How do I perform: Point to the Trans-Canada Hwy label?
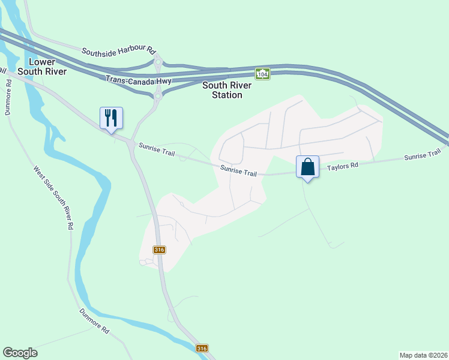click(139, 80)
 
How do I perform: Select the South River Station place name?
click(222, 90)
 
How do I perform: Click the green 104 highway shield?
click(262, 74)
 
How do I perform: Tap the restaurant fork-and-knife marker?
click(111, 117)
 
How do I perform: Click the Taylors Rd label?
click(343, 164)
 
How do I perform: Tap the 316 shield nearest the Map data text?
click(202, 349)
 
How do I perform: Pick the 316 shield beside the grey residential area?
click(159, 250)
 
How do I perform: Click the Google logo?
click(20, 353)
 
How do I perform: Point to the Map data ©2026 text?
click(423, 355)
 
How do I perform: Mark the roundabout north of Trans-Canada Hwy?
click(158, 62)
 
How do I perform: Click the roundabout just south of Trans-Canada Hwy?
click(158, 95)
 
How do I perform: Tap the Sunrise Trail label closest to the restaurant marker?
click(157, 149)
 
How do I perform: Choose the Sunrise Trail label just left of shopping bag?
click(238, 171)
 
